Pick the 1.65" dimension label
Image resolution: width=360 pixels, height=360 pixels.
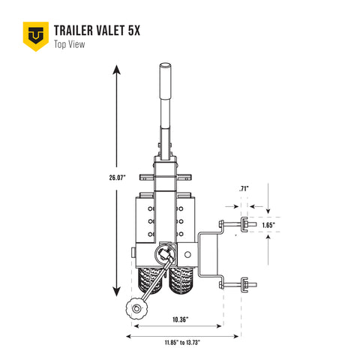click(x=268, y=224)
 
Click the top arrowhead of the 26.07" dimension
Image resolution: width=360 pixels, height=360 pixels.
click(x=117, y=70)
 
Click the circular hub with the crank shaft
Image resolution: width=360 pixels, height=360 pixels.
click(x=165, y=255)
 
